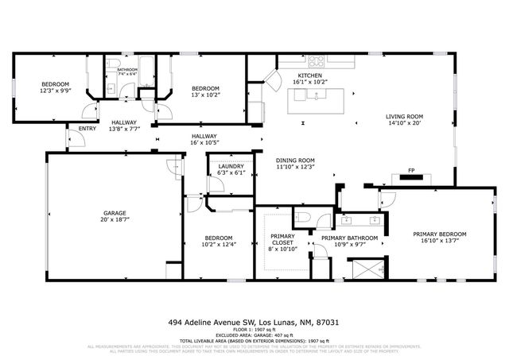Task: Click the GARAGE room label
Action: pyautogui.click(x=115, y=213)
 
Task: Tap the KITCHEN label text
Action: pyautogui.click(x=309, y=75)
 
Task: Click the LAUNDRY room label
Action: pyautogui.click(x=231, y=166)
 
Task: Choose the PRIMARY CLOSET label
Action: pyautogui.click(x=282, y=236)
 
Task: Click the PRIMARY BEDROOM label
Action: pyautogui.click(x=439, y=234)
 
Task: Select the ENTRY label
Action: pyautogui.click(x=86, y=128)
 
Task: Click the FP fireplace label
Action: pyautogui.click(x=411, y=170)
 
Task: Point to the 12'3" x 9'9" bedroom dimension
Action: pyautogui.click(x=56, y=91)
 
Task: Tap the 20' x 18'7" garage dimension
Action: pyautogui.click(x=115, y=220)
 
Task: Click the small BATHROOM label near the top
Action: pyautogui.click(x=127, y=70)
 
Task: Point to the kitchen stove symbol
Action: pyautogui.click(x=315, y=60)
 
